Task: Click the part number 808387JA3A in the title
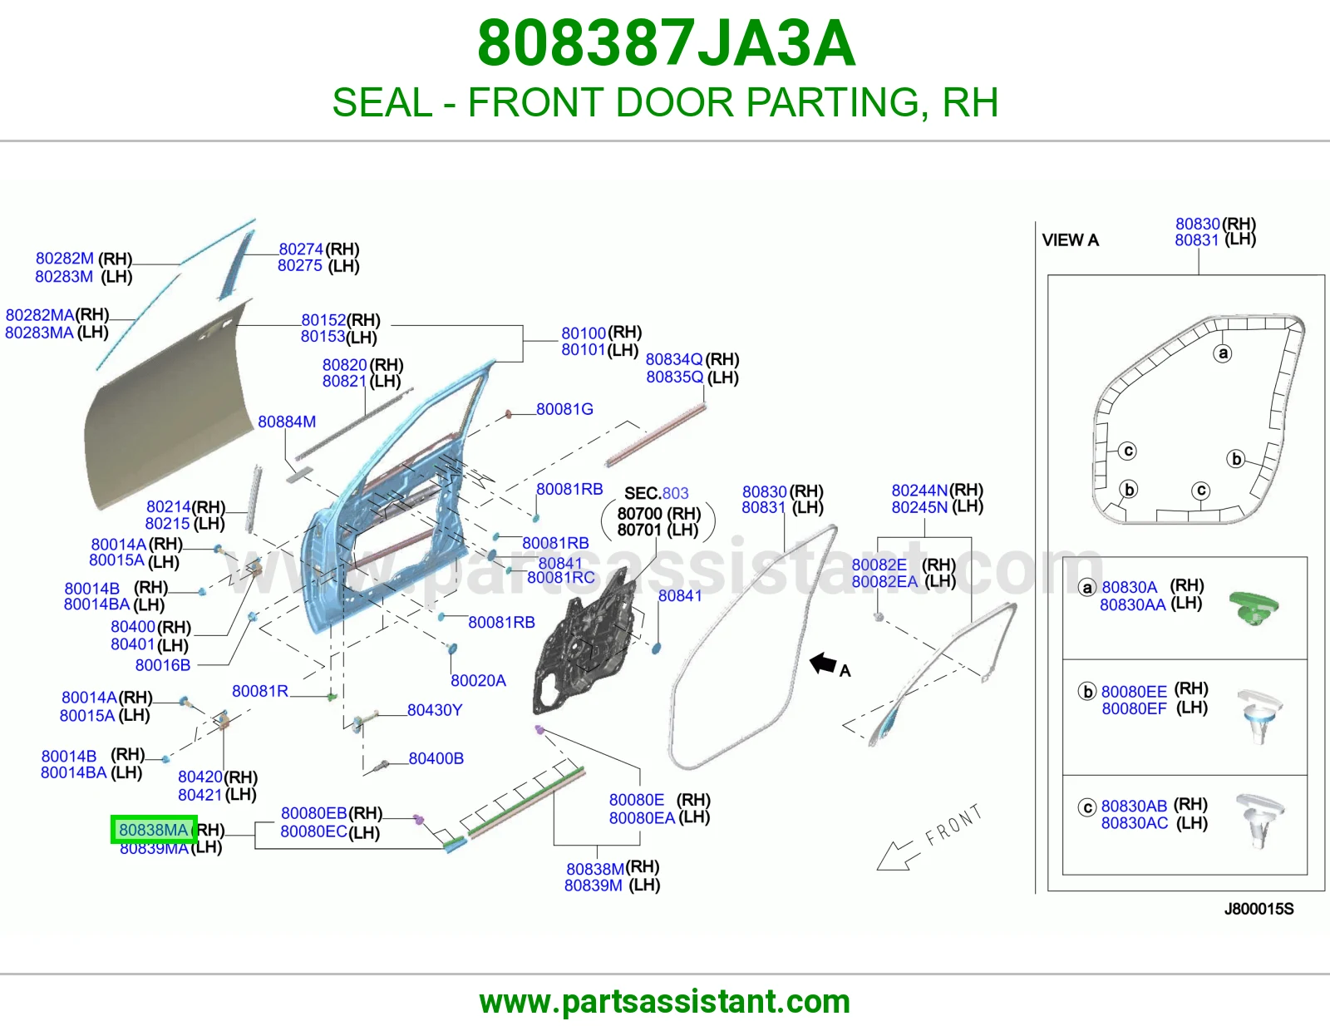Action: [666, 43]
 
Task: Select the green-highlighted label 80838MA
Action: [154, 830]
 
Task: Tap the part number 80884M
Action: [287, 422]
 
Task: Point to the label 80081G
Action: [564, 409]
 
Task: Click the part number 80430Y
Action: [435, 710]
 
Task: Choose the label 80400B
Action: [436, 758]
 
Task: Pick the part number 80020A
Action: [478, 681]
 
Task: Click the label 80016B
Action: [163, 665]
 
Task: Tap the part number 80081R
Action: [259, 691]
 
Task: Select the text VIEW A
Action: [1071, 240]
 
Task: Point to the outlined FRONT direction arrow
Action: [899, 856]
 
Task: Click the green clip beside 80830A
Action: [1254, 609]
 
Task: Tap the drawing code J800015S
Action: [1259, 909]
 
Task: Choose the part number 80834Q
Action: [674, 359]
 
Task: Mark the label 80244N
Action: [919, 491]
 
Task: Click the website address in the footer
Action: [665, 1002]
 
